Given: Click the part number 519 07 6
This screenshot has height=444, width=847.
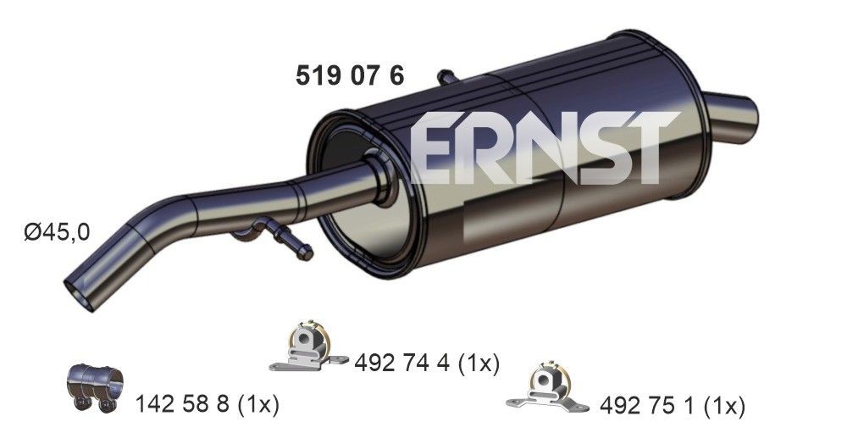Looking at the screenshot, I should [349, 76].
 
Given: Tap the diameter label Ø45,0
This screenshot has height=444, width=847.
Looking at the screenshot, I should [56, 230].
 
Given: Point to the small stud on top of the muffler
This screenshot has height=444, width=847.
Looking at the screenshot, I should [446, 77].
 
